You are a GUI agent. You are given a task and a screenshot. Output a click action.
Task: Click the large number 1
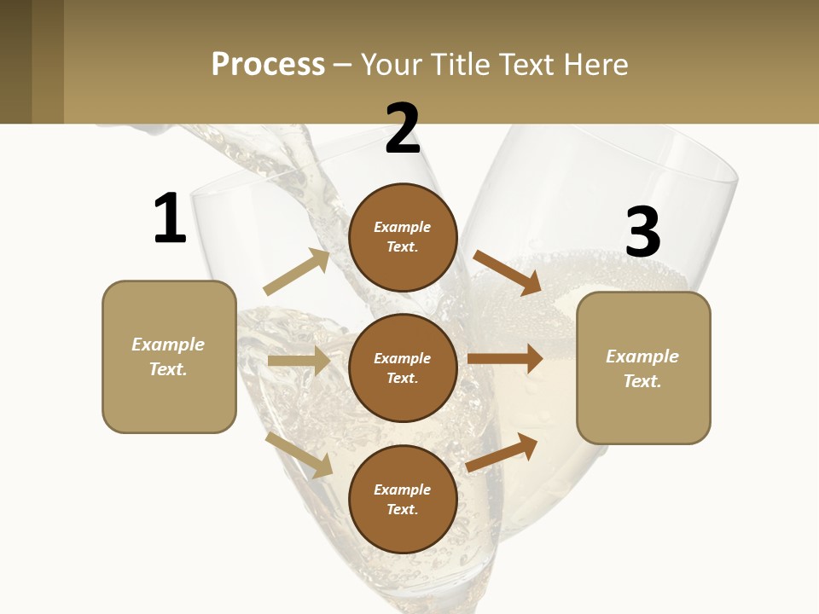[x=170, y=218]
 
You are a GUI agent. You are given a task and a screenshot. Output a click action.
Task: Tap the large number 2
[x=403, y=129]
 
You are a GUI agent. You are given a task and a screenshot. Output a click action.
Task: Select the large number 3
[x=642, y=233]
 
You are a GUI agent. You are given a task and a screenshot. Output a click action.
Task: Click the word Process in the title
[x=268, y=64]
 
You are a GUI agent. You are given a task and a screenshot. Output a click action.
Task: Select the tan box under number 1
[x=169, y=356]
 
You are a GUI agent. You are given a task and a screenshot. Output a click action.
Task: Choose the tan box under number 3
[x=643, y=368]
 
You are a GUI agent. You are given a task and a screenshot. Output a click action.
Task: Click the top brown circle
[x=403, y=237]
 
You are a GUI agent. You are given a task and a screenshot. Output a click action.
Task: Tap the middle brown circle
[x=403, y=368]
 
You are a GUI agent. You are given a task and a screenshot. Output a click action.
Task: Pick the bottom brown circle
[x=403, y=499]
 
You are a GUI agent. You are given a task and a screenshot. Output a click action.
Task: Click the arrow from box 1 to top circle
[x=297, y=272]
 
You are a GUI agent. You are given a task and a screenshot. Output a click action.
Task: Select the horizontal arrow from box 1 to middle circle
[x=299, y=361]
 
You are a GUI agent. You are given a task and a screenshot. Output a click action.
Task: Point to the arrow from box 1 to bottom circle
[x=299, y=455]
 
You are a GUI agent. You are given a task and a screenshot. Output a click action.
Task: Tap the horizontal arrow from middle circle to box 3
[x=505, y=359]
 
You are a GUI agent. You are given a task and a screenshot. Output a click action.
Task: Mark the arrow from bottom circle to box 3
[x=502, y=452]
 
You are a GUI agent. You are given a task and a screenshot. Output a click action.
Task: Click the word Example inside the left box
[x=168, y=345]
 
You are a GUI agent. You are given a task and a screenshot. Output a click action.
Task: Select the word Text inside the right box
[x=642, y=381]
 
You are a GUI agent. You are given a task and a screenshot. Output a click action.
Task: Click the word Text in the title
[x=527, y=64]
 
